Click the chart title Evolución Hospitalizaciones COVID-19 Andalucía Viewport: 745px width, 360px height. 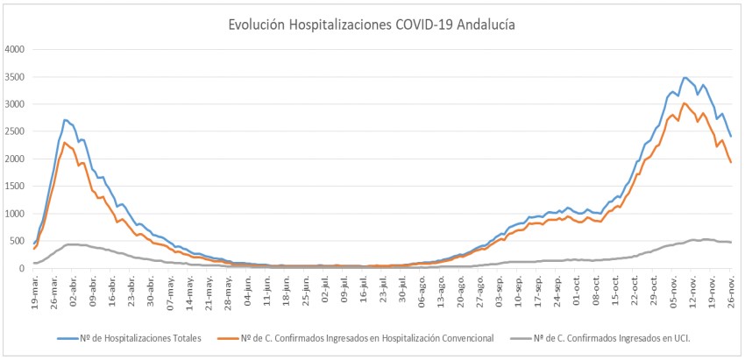click(x=372, y=25)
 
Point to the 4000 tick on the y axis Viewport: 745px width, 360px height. click(x=16, y=49)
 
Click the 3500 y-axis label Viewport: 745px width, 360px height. click(x=16, y=77)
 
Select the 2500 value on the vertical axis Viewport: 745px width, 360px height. click(x=16, y=131)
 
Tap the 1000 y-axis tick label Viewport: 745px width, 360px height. click(x=16, y=214)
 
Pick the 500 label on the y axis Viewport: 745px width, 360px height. click(x=18, y=241)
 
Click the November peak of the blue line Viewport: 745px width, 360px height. click(x=685, y=77)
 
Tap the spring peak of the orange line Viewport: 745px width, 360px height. click(x=65, y=142)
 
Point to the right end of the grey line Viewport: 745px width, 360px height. click(x=731, y=242)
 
